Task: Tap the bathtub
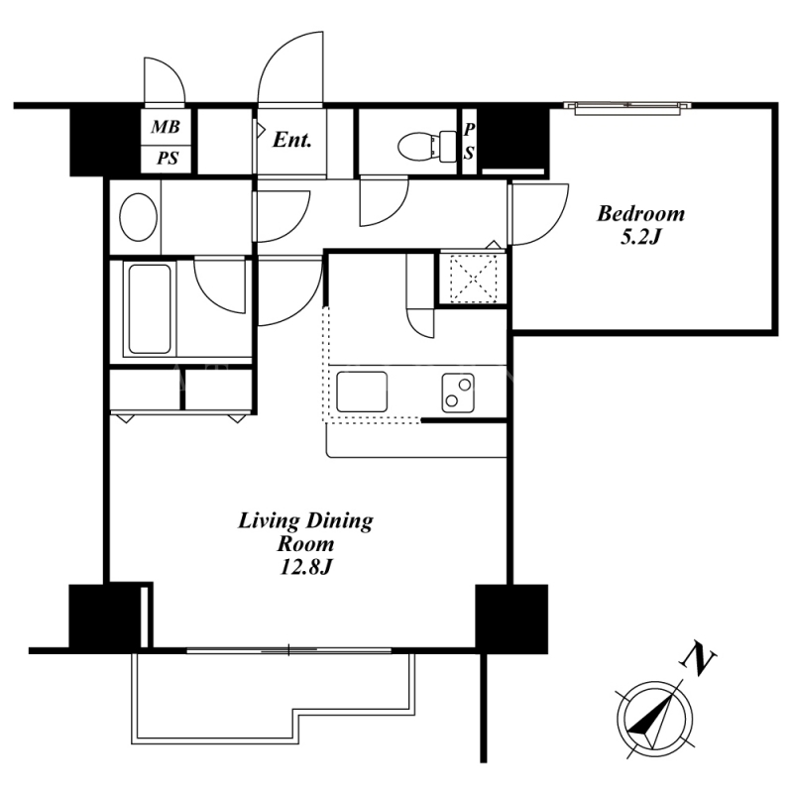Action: click(150, 308)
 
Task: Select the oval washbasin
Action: click(138, 217)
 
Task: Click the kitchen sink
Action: click(362, 392)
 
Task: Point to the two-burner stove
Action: click(458, 393)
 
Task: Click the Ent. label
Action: click(291, 140)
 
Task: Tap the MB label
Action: click(166, 127)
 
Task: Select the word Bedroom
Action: click(640, 214)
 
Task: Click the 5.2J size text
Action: click(640, 237)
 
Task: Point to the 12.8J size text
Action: click(305, 567)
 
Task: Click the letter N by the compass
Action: click(699, 658)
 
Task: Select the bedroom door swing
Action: click(539, 214)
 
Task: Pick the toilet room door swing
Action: click(384, 201)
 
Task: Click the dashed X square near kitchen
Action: click(474, 279)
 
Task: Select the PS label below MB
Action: click(168, 159)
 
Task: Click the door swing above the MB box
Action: click(165, 81)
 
